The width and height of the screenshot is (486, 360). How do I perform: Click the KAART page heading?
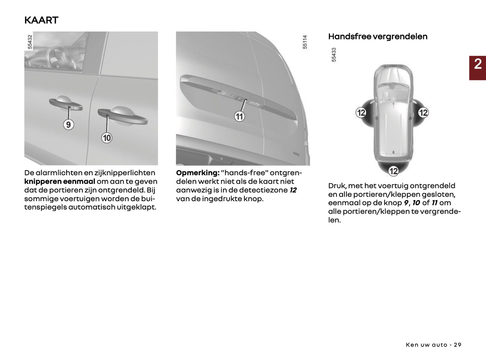[41, 20]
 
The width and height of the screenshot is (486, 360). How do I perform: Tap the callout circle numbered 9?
[68, 125]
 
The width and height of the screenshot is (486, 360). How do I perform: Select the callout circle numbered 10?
[107, 138]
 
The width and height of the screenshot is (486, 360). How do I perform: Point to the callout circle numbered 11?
[239, 116]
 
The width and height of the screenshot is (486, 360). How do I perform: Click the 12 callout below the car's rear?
[394, 171]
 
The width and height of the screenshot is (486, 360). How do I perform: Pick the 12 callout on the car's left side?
[361, 112]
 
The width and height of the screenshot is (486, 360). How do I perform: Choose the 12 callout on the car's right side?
[423, 112]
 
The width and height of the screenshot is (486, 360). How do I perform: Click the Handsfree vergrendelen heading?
[378, 37]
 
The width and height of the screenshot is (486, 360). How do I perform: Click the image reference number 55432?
[30, 42]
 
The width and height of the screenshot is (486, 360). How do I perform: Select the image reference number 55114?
[305, 42]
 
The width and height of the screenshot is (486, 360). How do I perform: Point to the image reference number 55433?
[334, 55]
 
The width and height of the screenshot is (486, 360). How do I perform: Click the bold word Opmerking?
[197, 173]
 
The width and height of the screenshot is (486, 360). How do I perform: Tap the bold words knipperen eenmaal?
[60, 182]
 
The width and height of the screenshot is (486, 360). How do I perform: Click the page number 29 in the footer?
[457, 345]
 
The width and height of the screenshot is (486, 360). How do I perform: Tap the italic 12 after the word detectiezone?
[293, 190]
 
